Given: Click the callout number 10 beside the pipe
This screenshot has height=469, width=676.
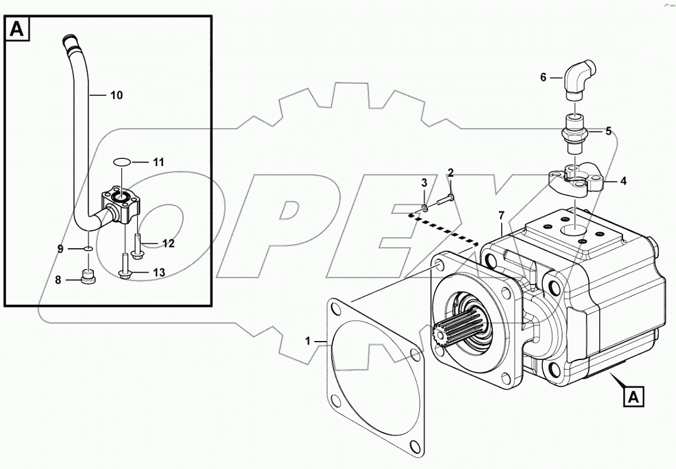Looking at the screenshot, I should [x=117, y=95].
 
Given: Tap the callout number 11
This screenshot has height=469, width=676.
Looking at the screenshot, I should [x=158, y=162].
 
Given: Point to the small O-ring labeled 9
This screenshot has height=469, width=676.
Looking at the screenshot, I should [x=88, y=249].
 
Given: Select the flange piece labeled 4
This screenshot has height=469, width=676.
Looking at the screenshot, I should [x=576, y=179].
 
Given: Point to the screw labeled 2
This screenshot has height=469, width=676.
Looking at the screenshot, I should [x=445, y=199].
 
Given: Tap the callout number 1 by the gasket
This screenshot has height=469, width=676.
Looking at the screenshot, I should [x=308, y=341].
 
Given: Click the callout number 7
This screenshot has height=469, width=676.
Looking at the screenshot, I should [x=501, y=214].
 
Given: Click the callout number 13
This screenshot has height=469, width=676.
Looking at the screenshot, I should [x=158, y=272].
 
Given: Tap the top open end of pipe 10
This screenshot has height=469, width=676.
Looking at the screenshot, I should [x=70, y=40].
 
